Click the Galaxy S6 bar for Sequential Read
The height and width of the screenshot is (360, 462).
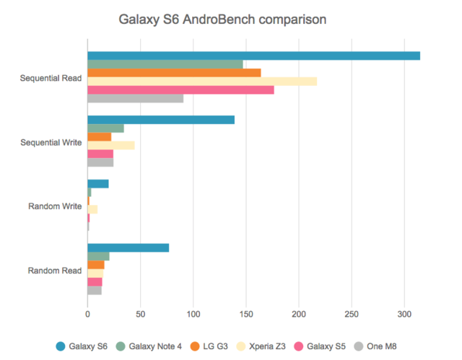(x=253, y=56)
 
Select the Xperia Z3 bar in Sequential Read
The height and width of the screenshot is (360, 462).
(x=202, y=82)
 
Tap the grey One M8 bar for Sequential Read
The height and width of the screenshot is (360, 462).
(x=135, y=99)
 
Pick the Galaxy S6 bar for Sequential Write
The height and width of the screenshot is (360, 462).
(x=161, y=120)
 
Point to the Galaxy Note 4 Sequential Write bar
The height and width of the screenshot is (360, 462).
(x=105, y=128)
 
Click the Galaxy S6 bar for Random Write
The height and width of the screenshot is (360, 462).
(x=98, y=184)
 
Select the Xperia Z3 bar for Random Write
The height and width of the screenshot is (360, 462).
(x=92, y=210)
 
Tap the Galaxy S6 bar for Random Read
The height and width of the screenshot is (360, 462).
(x=128, y=248)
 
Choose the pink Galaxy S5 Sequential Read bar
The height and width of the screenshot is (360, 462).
(x=180, y=90)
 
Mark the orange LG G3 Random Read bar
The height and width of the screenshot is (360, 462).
(x=96, y=265)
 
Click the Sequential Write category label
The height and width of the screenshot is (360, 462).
(x=51, y=142)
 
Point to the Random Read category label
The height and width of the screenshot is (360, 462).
(x=55, y=271)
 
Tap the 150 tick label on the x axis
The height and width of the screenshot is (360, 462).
(x=246, y=315)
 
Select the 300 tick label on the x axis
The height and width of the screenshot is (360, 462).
(x=404, y=315)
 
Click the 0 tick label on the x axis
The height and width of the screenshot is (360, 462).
(x=87, y=315)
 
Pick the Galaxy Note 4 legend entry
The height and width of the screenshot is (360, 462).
(x=149, y=346)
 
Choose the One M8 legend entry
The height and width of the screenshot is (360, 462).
(x=375, y=346)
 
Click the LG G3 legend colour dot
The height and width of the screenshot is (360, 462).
(x=195, y=346)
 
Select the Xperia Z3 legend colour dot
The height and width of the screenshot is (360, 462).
(x=241, y=346)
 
